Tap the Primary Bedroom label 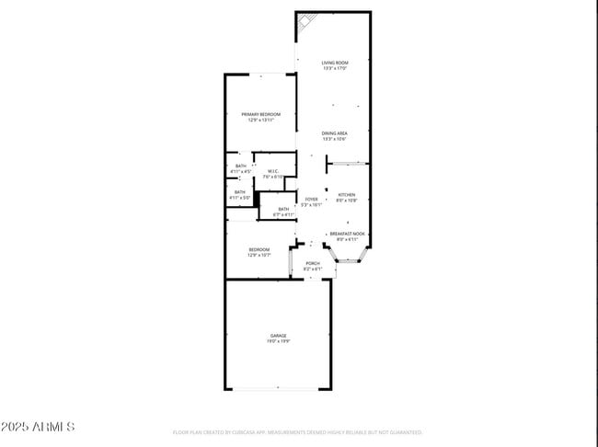point(261,114)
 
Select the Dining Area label point(334,133)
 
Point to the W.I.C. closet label point(273,171)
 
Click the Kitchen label point(346,194)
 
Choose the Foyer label point(312,199)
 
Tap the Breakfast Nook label point(348,234)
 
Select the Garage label point(278,336)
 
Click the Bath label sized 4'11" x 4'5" point(240,166)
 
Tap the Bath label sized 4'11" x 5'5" point(240,192)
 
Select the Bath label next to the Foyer point(283,209)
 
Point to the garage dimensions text point(278,341)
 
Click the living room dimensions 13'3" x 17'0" point(334,67)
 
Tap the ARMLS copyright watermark point(38,428)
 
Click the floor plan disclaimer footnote point(297,431)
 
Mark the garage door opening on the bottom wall point(278,388)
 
